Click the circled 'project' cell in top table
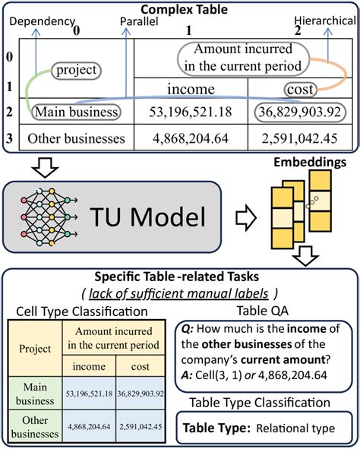(x=75, y=71)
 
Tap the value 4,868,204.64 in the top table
(x=191, y=139)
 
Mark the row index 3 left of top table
(x=8, y=139)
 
